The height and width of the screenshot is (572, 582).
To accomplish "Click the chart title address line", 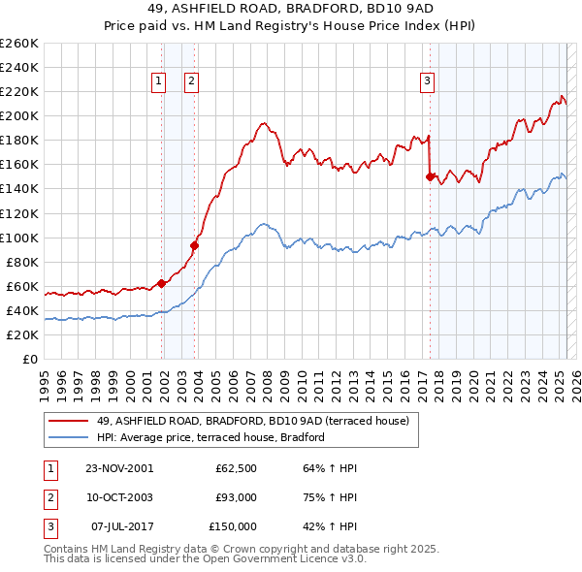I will click(290, 10).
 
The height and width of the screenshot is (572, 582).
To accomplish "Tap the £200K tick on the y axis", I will click(18, 115).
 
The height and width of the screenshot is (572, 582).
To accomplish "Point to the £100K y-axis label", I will click(18, 238).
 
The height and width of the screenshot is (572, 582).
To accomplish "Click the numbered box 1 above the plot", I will click(158, 82).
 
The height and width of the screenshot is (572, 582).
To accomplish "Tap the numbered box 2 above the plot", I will click(192, 82).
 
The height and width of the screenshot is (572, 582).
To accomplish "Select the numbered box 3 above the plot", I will click(427, 82).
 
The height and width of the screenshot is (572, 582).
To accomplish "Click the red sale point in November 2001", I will click(161, 282).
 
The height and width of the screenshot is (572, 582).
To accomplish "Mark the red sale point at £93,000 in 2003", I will click(194, 245).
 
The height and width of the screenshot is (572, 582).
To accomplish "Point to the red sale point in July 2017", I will click(429, 176).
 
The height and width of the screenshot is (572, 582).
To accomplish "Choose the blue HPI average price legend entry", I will click(210, 437).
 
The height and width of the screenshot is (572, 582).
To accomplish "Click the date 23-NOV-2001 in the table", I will click(118, 468).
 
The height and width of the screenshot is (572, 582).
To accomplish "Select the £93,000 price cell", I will click(236, 497).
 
